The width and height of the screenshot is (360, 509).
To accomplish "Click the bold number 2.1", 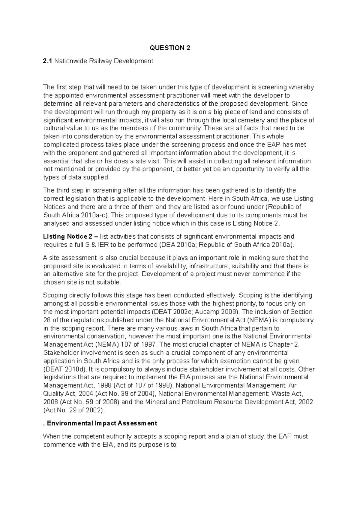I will coord(48,61).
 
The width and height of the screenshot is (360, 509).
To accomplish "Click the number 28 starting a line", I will coord(47,320).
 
